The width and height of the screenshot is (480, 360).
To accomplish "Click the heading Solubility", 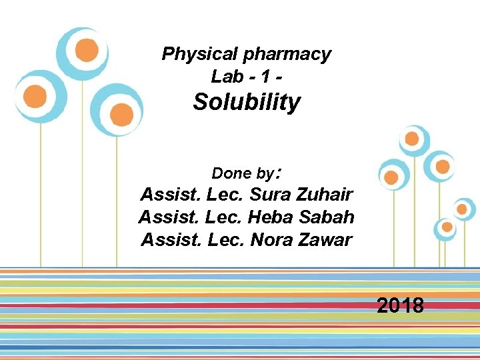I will tap(247, 103).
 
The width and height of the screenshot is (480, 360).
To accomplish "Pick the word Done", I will tap(231, 174).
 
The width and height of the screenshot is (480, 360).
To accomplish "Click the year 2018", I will tap(400, 306).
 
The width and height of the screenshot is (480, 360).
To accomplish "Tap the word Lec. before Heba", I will tap(225, 217).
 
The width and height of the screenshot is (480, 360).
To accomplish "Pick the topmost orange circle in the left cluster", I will tap(87, 50).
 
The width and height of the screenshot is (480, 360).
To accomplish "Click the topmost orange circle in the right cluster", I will tap(412, 139).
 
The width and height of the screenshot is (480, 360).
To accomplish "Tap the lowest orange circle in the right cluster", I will tap(447, 227).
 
